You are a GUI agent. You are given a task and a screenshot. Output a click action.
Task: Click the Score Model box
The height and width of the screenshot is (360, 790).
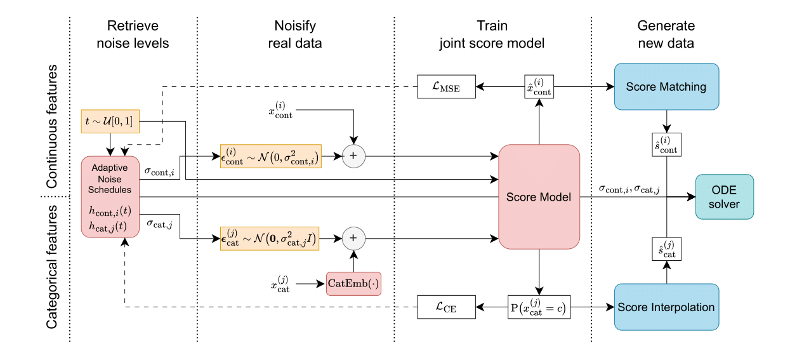coord(539,197)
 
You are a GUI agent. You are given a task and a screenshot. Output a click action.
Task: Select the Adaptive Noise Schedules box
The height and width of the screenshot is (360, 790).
coord(110,197)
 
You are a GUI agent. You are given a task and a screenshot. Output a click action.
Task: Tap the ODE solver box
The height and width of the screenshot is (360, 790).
coord(725,197)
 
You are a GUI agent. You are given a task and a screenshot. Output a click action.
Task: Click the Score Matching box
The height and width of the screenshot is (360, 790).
coord(666,86)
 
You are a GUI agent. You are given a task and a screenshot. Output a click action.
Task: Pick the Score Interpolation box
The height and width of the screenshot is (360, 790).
coord(666,307)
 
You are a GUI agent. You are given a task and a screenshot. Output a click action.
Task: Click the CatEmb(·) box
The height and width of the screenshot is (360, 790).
coord(357,283)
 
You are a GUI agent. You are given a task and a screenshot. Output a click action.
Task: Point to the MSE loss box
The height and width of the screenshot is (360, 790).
coord(447,87)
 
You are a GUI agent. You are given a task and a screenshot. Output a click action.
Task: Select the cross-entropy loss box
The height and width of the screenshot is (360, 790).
coord(447,308)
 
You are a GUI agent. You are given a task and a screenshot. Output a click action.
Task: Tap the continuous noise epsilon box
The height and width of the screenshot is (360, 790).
coord(270,156)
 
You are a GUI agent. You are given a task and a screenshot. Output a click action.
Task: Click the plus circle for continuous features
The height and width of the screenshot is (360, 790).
coord(355,156)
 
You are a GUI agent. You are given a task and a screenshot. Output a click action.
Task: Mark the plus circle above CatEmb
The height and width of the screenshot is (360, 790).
coord(355,239)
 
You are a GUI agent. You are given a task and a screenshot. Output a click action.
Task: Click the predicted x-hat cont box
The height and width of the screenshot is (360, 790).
coord(538,87)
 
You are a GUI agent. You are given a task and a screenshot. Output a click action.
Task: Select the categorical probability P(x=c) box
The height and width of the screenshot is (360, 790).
coord(538,308)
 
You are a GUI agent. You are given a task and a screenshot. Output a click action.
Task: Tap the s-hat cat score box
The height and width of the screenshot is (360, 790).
coord(666,249)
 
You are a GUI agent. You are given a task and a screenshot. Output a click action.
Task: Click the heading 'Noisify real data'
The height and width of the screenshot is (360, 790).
coord(295,35)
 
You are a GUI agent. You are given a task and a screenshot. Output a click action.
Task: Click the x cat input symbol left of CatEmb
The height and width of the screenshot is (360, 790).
coord(282,284)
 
